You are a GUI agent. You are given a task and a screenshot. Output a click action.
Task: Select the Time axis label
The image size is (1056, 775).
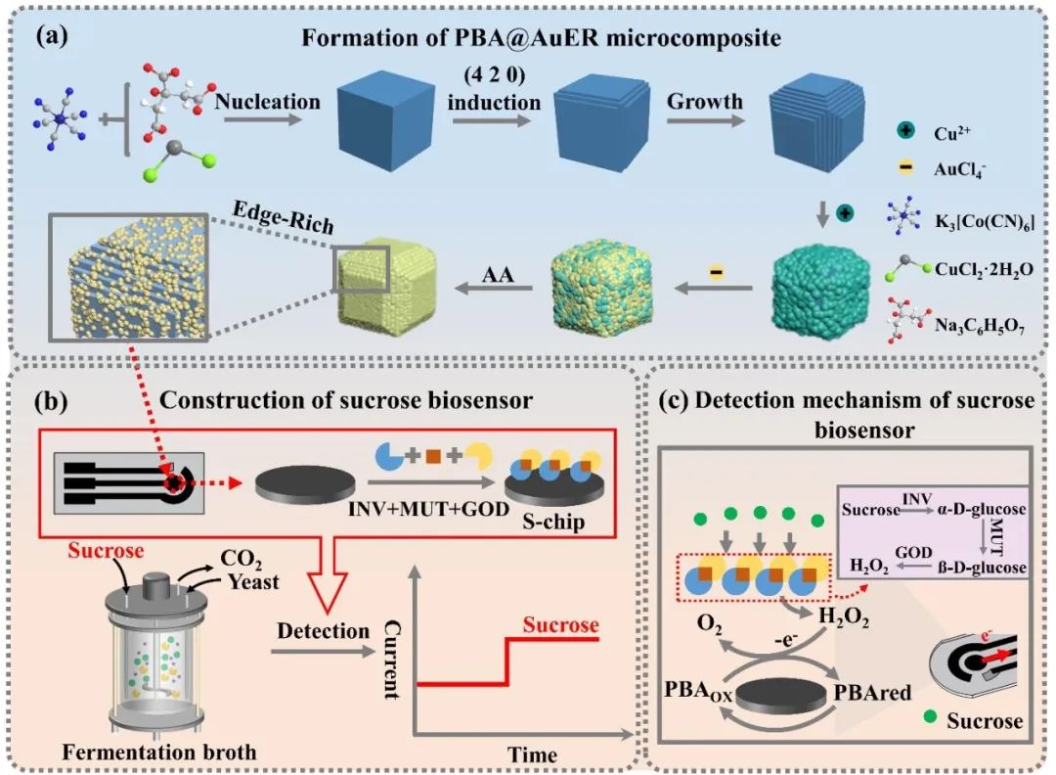(x=531, y=753)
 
